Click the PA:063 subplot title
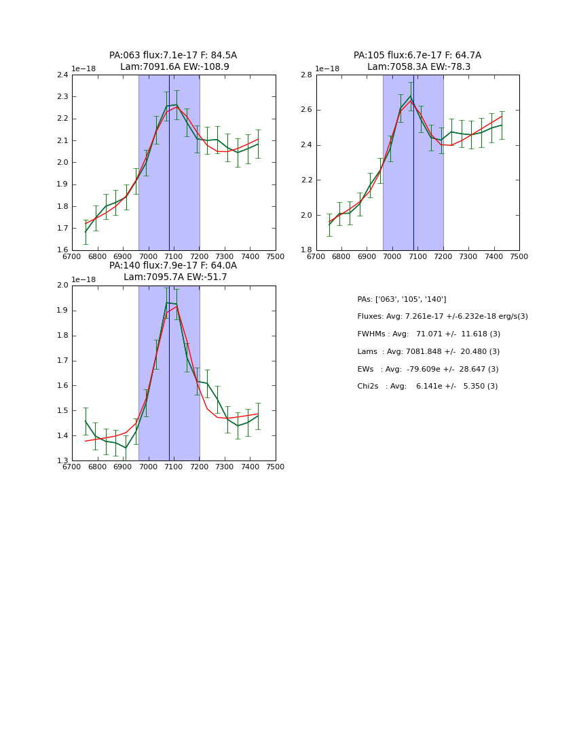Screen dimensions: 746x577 (x=173, y=61)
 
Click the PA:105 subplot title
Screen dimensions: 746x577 (x=417, y=61)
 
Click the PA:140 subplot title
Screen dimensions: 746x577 (x=173, y=271)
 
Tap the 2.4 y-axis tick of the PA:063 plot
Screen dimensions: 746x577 (x=62, y=75)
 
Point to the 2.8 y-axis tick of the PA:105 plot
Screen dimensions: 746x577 (x=306, y=75)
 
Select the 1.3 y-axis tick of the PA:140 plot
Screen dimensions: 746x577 (x=62, y=461)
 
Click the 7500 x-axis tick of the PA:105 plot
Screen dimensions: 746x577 (x=519, y=257)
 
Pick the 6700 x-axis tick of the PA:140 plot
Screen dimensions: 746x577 (x=72, y=467)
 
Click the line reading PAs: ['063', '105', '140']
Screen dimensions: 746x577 (x=402, y=299)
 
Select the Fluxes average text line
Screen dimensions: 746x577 (x=443, y=317)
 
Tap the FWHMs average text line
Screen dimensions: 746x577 (x=429, y=334)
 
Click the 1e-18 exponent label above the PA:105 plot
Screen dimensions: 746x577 (x=327, y=69)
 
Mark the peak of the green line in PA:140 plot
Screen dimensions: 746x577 (x=167, y=302)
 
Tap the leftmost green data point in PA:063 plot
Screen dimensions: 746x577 (x=86, y=232)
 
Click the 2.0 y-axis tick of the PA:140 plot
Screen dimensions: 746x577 (x=62, y=286)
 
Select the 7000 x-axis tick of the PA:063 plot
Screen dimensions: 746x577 (x=148, y=257)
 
